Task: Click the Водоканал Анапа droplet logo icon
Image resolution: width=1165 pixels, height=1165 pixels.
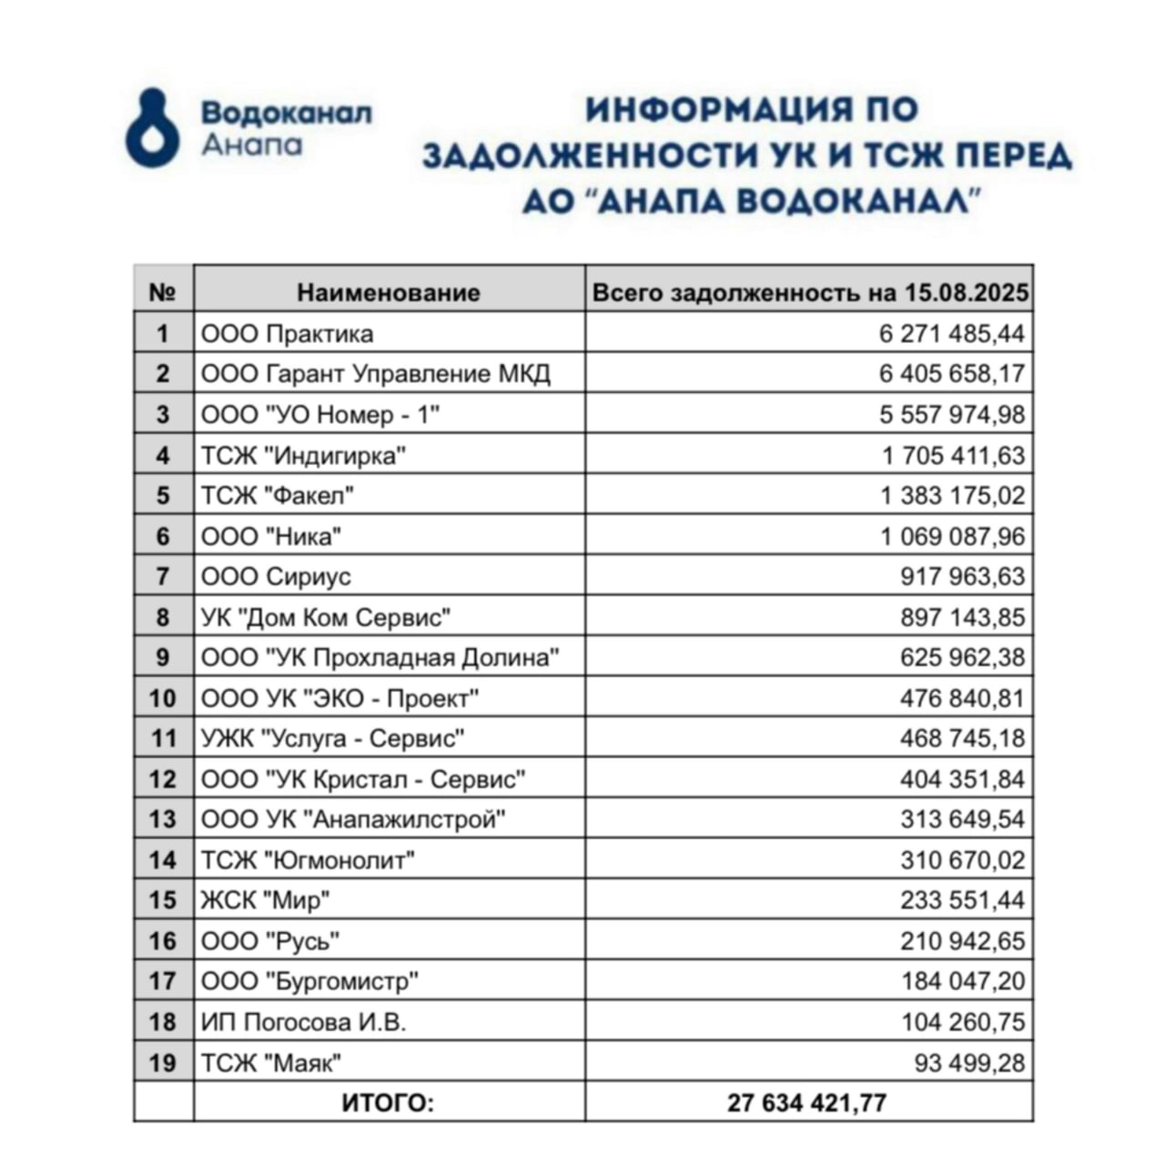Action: tap(153, 127)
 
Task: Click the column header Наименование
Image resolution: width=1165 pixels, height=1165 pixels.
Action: tap(389, 292)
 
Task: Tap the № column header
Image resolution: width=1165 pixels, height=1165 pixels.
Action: tap(162, 292)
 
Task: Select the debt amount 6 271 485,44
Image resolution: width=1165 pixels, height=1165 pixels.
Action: tap(952, 334)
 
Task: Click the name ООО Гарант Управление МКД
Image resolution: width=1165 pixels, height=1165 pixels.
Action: tap(376, 374)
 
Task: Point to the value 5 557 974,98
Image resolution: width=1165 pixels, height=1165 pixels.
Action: tap(952, 415)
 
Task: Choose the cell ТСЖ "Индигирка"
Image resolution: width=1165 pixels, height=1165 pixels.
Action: tap(303, 455)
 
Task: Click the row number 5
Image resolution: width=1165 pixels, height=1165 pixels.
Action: tap(163, 496)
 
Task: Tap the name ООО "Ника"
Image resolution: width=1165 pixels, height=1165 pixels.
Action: tap(271, 536)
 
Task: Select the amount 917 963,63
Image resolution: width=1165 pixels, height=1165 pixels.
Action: tap(962, 577)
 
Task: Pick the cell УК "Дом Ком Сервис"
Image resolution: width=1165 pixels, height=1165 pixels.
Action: tap(326, 617)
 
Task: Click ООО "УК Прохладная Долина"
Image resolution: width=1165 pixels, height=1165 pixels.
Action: tap(380, 657)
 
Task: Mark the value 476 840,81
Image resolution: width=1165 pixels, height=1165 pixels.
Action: tap(962, 698)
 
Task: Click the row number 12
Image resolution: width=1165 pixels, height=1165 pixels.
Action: tap(163, 779)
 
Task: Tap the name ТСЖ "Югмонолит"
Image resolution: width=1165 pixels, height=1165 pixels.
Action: tap(308, 860)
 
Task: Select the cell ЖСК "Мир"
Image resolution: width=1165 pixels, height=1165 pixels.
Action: tap(265, 900)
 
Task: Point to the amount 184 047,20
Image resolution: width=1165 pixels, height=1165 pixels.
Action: tap(962, 981)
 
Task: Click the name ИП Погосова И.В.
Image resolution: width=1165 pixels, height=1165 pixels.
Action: tap(303, 1022)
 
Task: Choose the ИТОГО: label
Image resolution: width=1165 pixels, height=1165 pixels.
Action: tap(389, 1103)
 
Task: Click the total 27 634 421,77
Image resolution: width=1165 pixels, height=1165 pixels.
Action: tap(806, 1103)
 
